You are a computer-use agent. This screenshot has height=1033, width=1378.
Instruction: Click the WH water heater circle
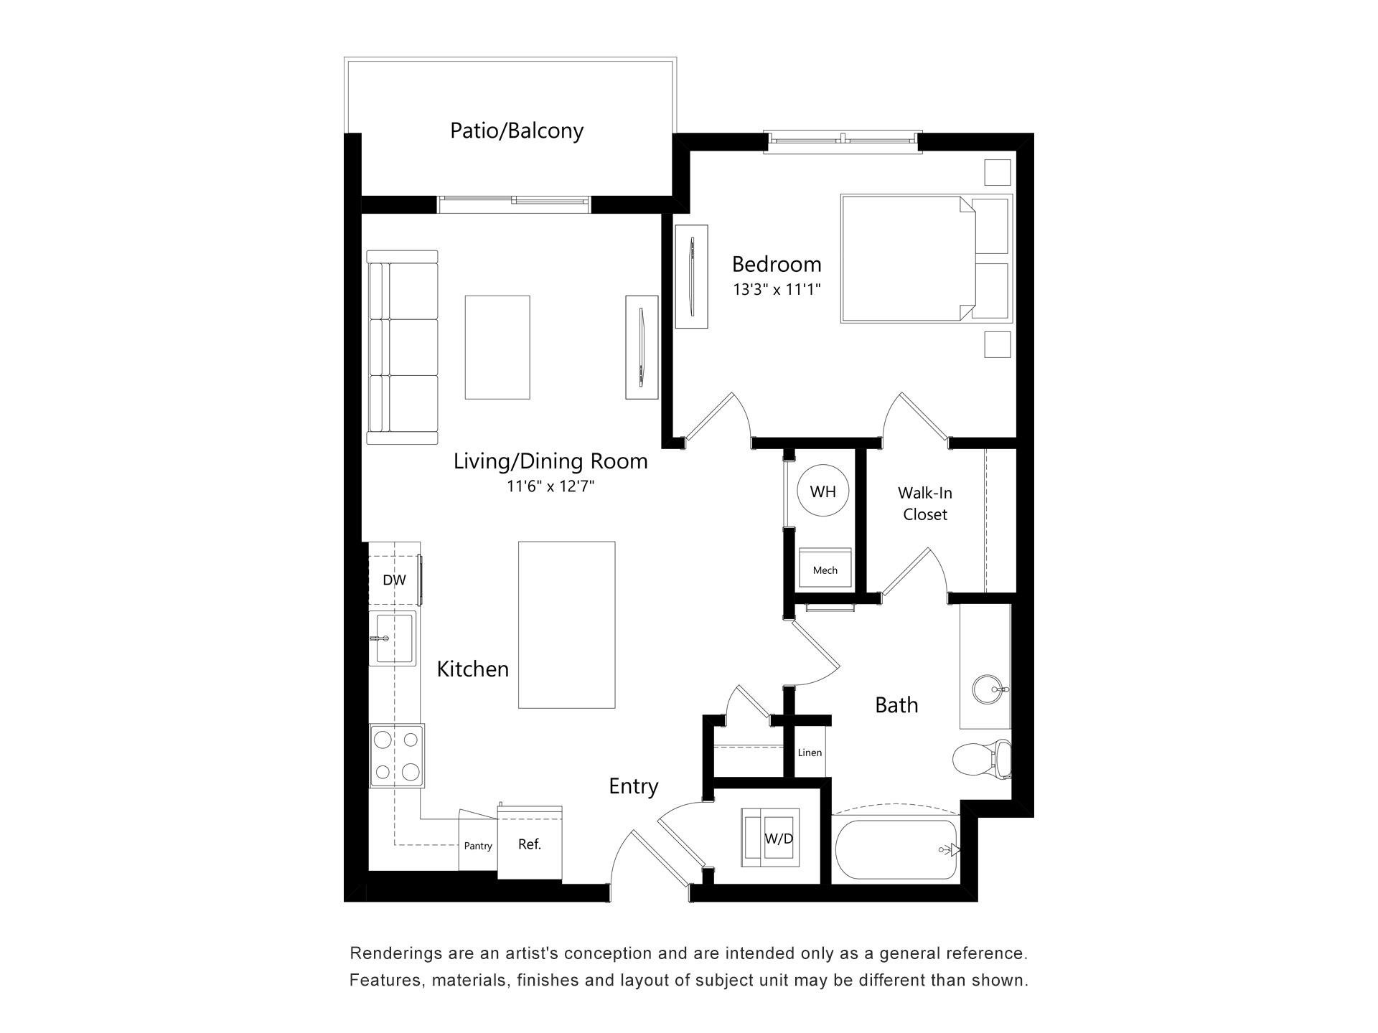point(823,491)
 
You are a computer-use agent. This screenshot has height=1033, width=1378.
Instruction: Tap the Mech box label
point(825,570)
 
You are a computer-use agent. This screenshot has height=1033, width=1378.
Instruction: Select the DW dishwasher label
point(394,580)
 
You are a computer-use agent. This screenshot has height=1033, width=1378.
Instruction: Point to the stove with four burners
point(397,755)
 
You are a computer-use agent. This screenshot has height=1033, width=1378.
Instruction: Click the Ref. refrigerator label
point(530,844)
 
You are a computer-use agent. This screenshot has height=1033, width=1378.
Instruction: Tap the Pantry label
point(478,846)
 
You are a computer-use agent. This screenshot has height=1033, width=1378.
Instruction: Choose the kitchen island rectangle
point(566,625)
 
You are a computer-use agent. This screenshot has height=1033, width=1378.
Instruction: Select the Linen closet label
point(810,753)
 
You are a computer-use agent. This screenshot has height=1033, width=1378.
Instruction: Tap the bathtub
point(896,850)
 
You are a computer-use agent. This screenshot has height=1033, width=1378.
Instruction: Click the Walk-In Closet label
point(925,504)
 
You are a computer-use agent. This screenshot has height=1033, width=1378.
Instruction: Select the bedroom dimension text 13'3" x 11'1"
point(777,291)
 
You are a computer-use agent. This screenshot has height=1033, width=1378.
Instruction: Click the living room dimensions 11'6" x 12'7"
point(551,486)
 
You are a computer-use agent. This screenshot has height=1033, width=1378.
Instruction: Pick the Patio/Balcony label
point(517,131)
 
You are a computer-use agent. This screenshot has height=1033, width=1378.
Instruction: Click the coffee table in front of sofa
point(497,347)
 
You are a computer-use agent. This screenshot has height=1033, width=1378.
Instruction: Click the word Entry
point(634,786)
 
